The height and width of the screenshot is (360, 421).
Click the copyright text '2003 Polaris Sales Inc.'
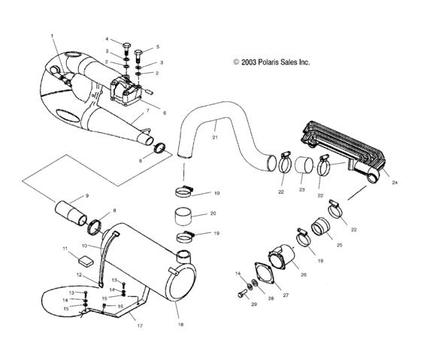(271, 63)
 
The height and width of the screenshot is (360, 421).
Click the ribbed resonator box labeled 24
(345, 149)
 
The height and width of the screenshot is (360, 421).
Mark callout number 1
(52, 35)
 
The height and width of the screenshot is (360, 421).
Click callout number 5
(156, 47)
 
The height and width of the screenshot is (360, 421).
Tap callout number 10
(84, 245)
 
